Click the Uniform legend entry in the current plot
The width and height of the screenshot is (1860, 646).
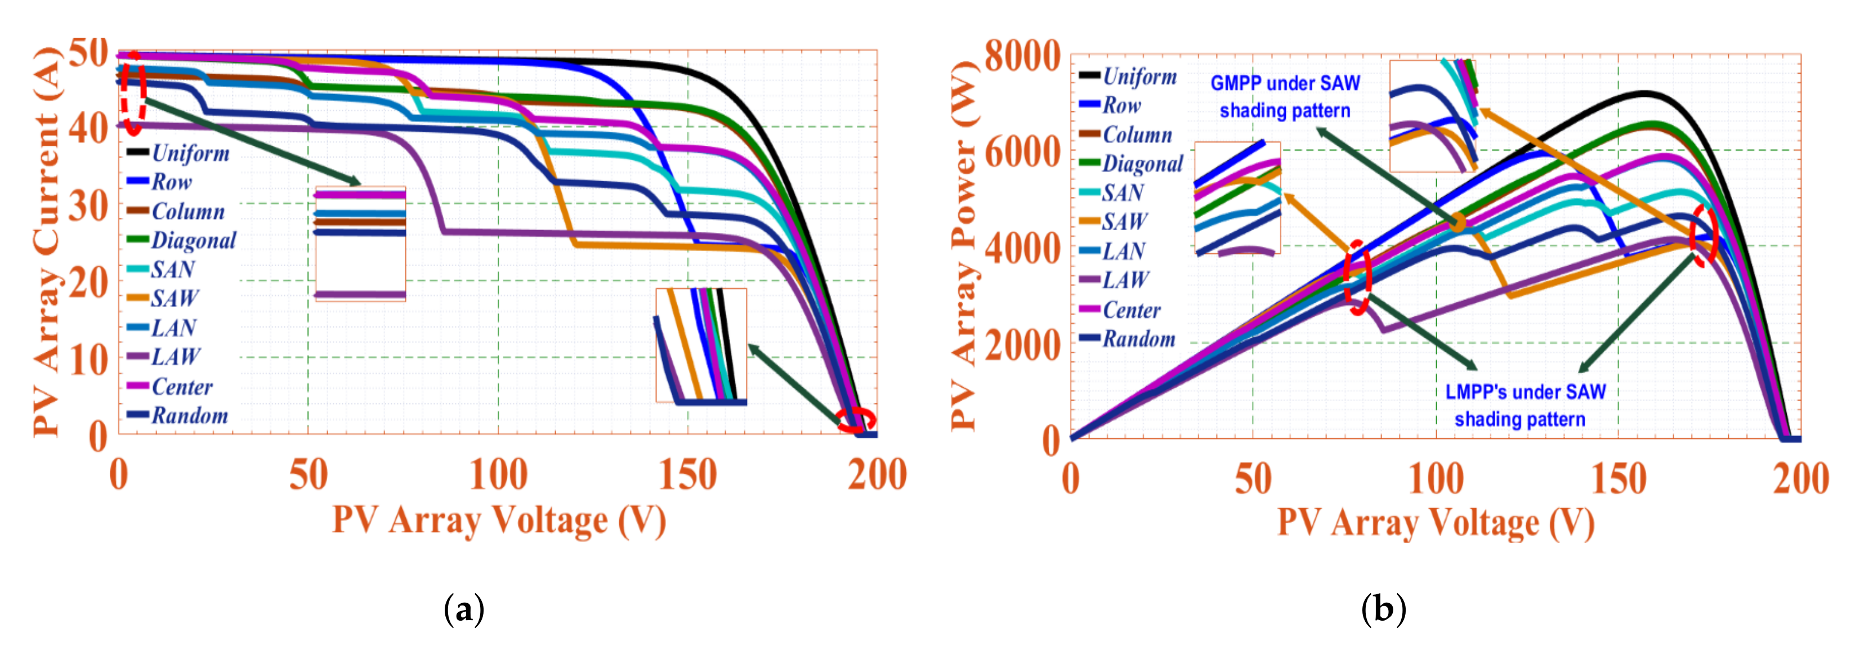189,153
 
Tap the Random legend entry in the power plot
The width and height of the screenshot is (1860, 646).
1137,339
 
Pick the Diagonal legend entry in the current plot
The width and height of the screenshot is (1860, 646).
192,240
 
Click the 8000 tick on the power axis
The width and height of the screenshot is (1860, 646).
1022,56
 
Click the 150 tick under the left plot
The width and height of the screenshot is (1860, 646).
687,475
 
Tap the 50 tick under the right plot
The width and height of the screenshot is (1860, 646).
1253,479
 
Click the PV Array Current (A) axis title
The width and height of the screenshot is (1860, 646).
46,242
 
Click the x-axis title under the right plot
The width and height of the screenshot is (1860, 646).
1436,523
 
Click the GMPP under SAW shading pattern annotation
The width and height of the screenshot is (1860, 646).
1285,97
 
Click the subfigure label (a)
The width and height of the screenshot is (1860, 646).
463,610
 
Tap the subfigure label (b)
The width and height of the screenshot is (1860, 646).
1383,610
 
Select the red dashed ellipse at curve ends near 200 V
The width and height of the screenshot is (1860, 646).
856,420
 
